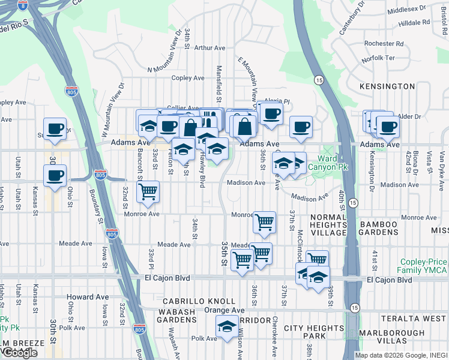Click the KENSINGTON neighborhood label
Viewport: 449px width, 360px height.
pyautogui.click(x=387, y=86)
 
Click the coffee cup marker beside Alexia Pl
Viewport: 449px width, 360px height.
pyautogui.click(x=271, y=113)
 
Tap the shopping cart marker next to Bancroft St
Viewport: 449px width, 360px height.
pyautogui.click(x=148, y=192)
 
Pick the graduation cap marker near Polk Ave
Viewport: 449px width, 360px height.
pyautogui.click(x=227, y=326)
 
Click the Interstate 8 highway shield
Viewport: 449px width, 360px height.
pyautogui.click(x=22, y=5)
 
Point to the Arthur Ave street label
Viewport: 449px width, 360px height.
pyautogui.click(x=209, y=47)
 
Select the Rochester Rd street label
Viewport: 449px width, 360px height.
pyautogui.click(x=383, y=43)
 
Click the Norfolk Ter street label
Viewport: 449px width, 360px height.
pyautogui.click(x=378, y=58)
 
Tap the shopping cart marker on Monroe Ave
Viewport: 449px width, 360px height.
pyautogui.click(x=264, y=222)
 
